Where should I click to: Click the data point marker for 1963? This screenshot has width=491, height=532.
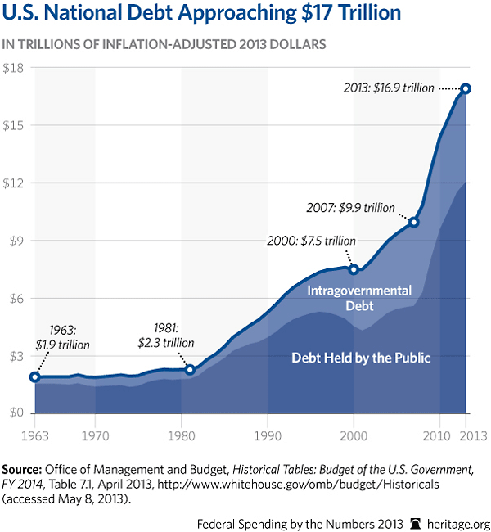point(34,376)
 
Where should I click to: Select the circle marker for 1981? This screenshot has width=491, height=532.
point(190,370)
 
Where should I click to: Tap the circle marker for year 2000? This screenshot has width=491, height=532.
point(354,269)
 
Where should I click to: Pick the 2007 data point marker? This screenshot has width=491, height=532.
point(414,222)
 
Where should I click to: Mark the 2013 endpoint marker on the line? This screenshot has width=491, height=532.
point(466,88)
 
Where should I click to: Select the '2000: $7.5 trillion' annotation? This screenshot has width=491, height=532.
point(312,241)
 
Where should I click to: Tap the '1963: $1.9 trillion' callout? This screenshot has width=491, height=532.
point(62,336)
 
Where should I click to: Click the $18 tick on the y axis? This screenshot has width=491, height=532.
point(16,68)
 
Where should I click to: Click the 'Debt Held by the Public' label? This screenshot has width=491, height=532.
point(362,357)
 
